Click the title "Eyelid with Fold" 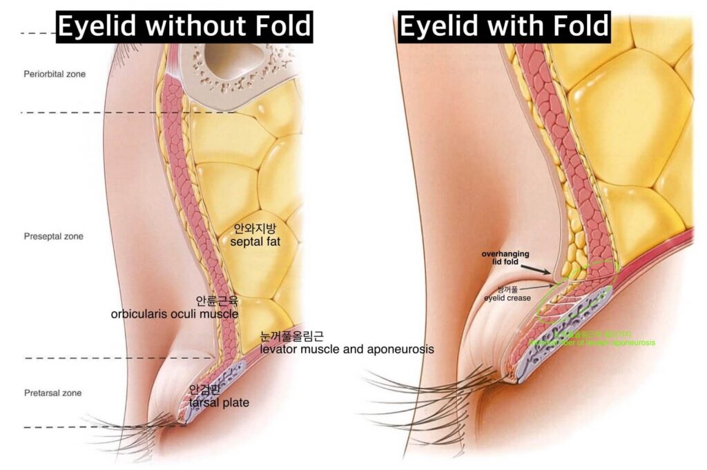(x=505, y=26)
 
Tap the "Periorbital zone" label (x=55, y=74)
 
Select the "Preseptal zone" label (x=53, y=236)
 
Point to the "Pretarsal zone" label (x=52, y=393)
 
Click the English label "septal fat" (x=256, y=242)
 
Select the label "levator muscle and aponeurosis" (x=347, y=349)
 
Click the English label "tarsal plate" (x=219, y=403)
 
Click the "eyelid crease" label (x=507, y=297)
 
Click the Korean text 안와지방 (x=255, y=228)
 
